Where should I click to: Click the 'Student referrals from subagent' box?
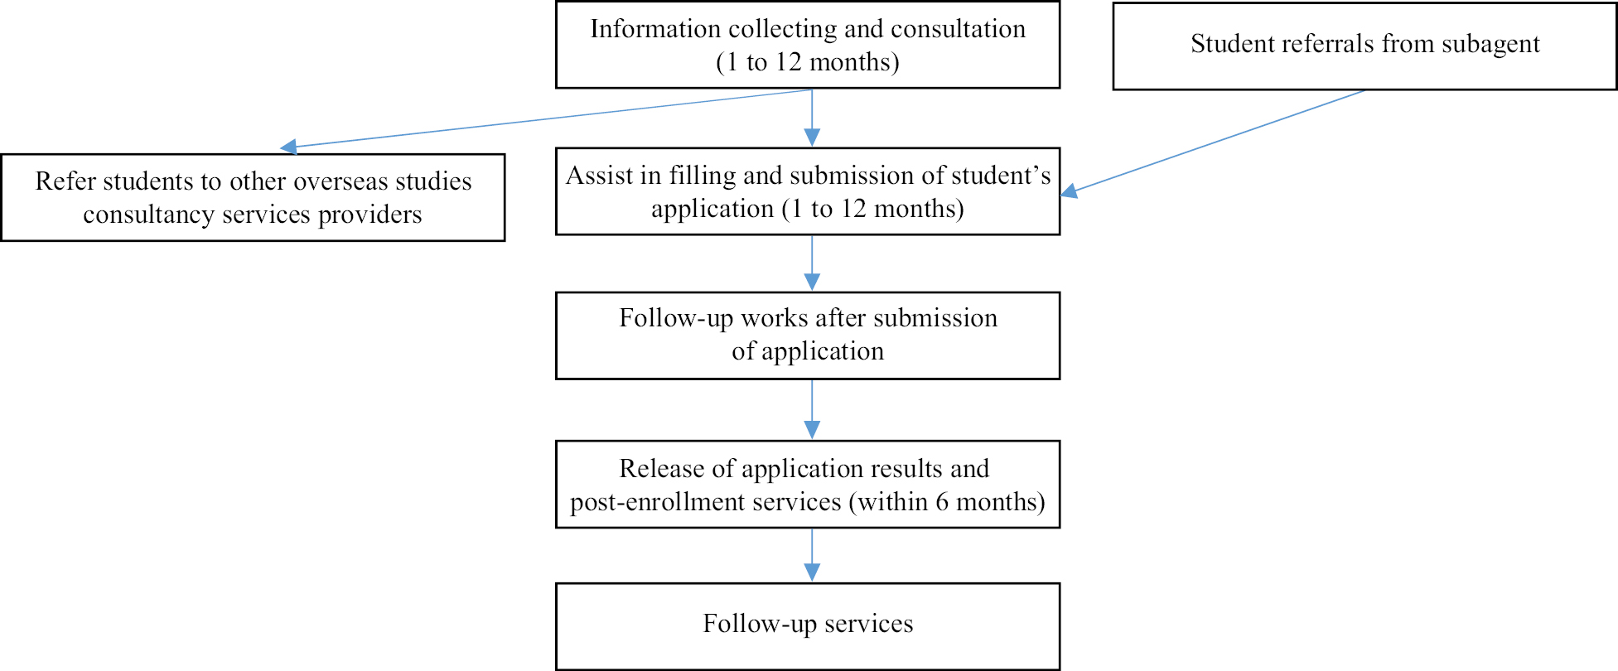(x=1364, y=46)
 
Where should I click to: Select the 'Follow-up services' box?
(x=808, y=626)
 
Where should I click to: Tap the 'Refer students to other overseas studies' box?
(x=253, y=197)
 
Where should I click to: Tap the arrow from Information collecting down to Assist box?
(x=812, y=118)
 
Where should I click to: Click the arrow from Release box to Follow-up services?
(x=812, y=555)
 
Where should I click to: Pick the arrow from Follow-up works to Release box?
(x=812, y=409)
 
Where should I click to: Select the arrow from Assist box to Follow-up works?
(x=812, y=263)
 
